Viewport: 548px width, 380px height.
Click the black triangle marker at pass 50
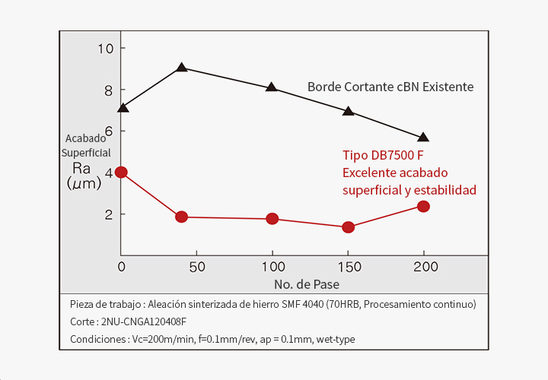tap(181, 68)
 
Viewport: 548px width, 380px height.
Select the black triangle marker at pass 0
tap(123, 108)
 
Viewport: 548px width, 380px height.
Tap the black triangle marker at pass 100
tap(272, 87)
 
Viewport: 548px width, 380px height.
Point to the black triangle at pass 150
tap(348, 111)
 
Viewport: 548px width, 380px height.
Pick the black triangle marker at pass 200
tap(423, 138)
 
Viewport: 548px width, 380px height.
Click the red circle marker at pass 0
tap(121, 173)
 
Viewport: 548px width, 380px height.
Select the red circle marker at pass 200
tap(423, 207)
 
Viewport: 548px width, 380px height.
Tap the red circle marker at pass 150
tap(348, 227)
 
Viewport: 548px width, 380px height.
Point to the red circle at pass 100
tap(272, 219)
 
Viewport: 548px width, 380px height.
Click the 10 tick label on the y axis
tap(105, 49)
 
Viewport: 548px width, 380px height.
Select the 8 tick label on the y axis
tap(108, 90)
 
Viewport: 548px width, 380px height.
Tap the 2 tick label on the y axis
tap(108, 214)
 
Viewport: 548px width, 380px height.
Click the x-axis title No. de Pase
tap(307, 284)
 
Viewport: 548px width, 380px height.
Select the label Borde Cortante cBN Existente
tap(390, 87)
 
